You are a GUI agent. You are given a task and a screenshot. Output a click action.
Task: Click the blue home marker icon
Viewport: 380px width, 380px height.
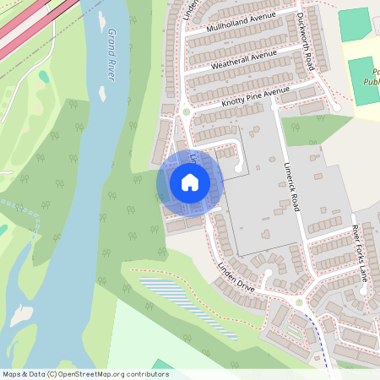(190, 182)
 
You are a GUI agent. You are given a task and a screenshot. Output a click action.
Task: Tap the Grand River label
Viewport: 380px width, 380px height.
(110, 55)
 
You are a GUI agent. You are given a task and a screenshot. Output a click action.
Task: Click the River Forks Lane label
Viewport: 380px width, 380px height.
(361, 252)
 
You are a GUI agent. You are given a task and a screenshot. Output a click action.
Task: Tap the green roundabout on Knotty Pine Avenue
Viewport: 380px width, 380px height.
(186, 111)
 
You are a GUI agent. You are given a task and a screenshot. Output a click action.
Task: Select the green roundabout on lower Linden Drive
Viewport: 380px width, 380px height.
(298, 302)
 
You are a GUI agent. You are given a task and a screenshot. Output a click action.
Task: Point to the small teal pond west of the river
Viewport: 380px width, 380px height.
(44, 76)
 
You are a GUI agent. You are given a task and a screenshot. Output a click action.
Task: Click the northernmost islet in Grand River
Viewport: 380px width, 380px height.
(102, 19)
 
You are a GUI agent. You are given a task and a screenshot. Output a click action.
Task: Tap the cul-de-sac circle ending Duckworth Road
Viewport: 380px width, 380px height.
(336, 106)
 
